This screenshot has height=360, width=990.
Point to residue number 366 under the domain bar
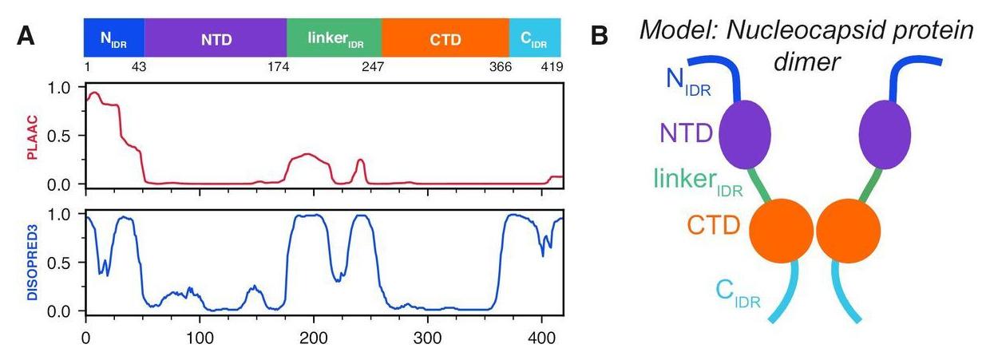(500, 68)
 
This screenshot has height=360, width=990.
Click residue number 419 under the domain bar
(552, 68)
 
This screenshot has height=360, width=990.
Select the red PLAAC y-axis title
(33, 136)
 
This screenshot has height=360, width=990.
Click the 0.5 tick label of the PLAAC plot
(61, 136)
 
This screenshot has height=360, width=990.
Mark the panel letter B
(600, 36)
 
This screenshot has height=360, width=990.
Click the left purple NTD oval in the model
(746, 133)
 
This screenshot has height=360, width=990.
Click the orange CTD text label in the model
(703, 226)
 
